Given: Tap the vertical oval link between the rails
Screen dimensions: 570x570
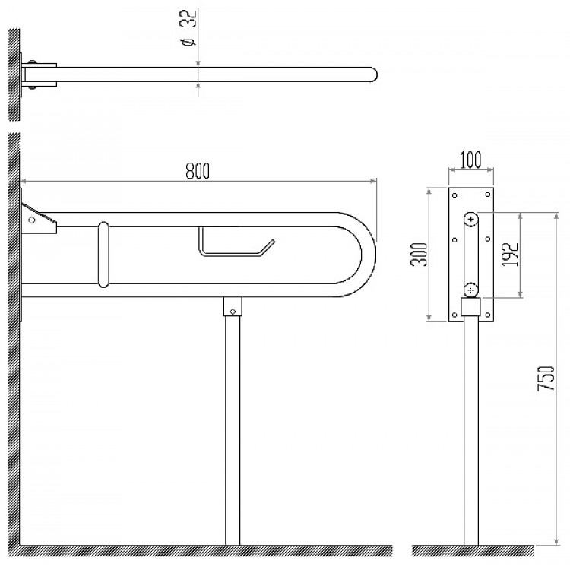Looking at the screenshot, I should coord(103,254).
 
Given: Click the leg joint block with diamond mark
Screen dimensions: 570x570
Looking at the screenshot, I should coord(232,309).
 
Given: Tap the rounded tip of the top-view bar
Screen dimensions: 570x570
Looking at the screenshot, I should coord(372,74).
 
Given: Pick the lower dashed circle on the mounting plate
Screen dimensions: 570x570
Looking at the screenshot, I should coord(471,289).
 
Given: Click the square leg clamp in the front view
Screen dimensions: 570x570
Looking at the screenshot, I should coord(471,307).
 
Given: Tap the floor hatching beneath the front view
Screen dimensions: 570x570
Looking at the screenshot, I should coord(205,550).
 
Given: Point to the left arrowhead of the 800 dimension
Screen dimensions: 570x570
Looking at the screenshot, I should coord(24,181).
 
